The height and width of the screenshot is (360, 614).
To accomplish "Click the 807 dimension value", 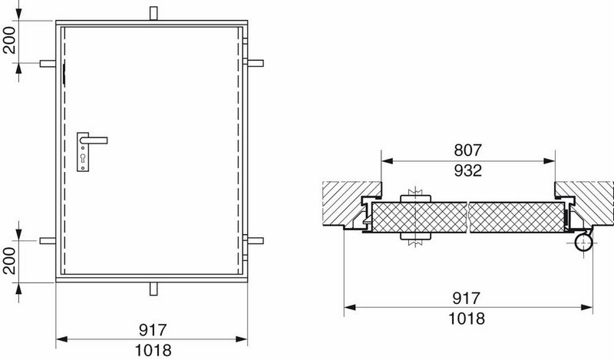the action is coord(467,150).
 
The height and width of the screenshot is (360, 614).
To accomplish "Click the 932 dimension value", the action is coord(467,171).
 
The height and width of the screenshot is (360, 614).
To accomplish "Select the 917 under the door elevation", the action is coord(153,330).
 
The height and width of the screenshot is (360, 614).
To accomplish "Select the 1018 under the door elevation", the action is coord(153,350).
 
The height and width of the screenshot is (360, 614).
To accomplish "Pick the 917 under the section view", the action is coord(466,298).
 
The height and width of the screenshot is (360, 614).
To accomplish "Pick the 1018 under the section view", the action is coord(466,319).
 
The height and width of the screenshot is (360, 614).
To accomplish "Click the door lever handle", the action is coord(94,140).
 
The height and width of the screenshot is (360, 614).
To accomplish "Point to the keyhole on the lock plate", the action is coord(83,157).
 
